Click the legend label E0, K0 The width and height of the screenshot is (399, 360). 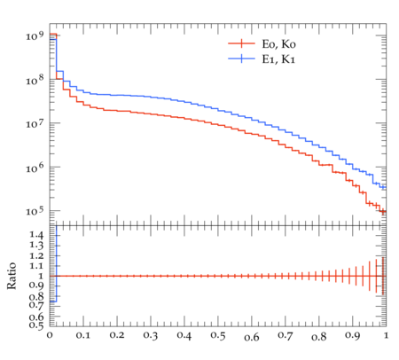click(278, 44)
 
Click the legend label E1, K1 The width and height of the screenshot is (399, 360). click(278, 59)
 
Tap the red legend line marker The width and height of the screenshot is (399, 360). click(241, 43)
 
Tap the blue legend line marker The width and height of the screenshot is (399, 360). click(241, 59)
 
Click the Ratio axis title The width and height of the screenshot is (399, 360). click(12, 276)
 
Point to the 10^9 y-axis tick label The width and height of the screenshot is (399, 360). click(35, 35)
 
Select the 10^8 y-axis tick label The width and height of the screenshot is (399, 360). click(35, 80)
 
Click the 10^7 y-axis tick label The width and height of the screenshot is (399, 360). click(35, 123)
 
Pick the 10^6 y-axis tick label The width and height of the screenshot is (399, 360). click(35, 168)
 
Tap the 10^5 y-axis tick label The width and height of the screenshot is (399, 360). click(35, 211)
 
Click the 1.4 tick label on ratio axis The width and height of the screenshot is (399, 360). click(36, 235)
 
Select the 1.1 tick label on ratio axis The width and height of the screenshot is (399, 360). click(36, 266)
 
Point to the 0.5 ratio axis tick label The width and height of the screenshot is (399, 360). click(36, 325)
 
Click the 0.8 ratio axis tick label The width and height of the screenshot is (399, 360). click(36, 296)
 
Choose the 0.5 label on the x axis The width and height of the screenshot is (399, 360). click(218, 335)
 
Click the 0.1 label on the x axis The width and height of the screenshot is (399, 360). click(83, 335)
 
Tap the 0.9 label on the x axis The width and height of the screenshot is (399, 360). click(352, 335)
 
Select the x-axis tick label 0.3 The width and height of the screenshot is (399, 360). click(151, 335)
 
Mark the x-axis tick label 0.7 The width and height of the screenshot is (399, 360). click(286, 335)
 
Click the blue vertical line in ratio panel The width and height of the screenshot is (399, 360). click(56, 263)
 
